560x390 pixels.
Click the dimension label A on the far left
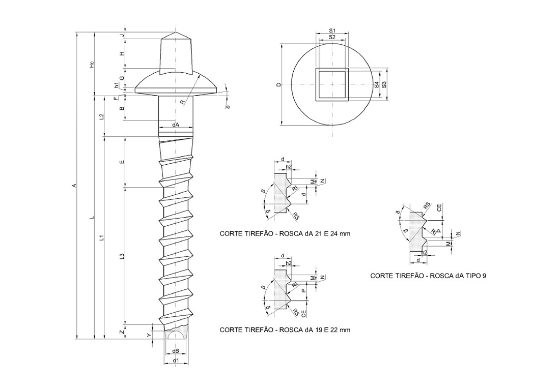[x=74, y=186]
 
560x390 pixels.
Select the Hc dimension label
[x=91, y=65]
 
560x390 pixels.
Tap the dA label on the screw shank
[x=175, y=125]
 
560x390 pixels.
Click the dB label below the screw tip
[x=175, y=351]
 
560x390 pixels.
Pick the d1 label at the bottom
[x=176, y=361]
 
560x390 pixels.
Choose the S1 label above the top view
[x=331, y=32]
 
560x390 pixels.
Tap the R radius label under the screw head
[x=182, y=102]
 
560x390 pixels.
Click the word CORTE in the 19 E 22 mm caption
[x=230, y=329]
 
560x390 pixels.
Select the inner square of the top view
[x=331, y=84]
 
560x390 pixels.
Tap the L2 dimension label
[x=102, y=116]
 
